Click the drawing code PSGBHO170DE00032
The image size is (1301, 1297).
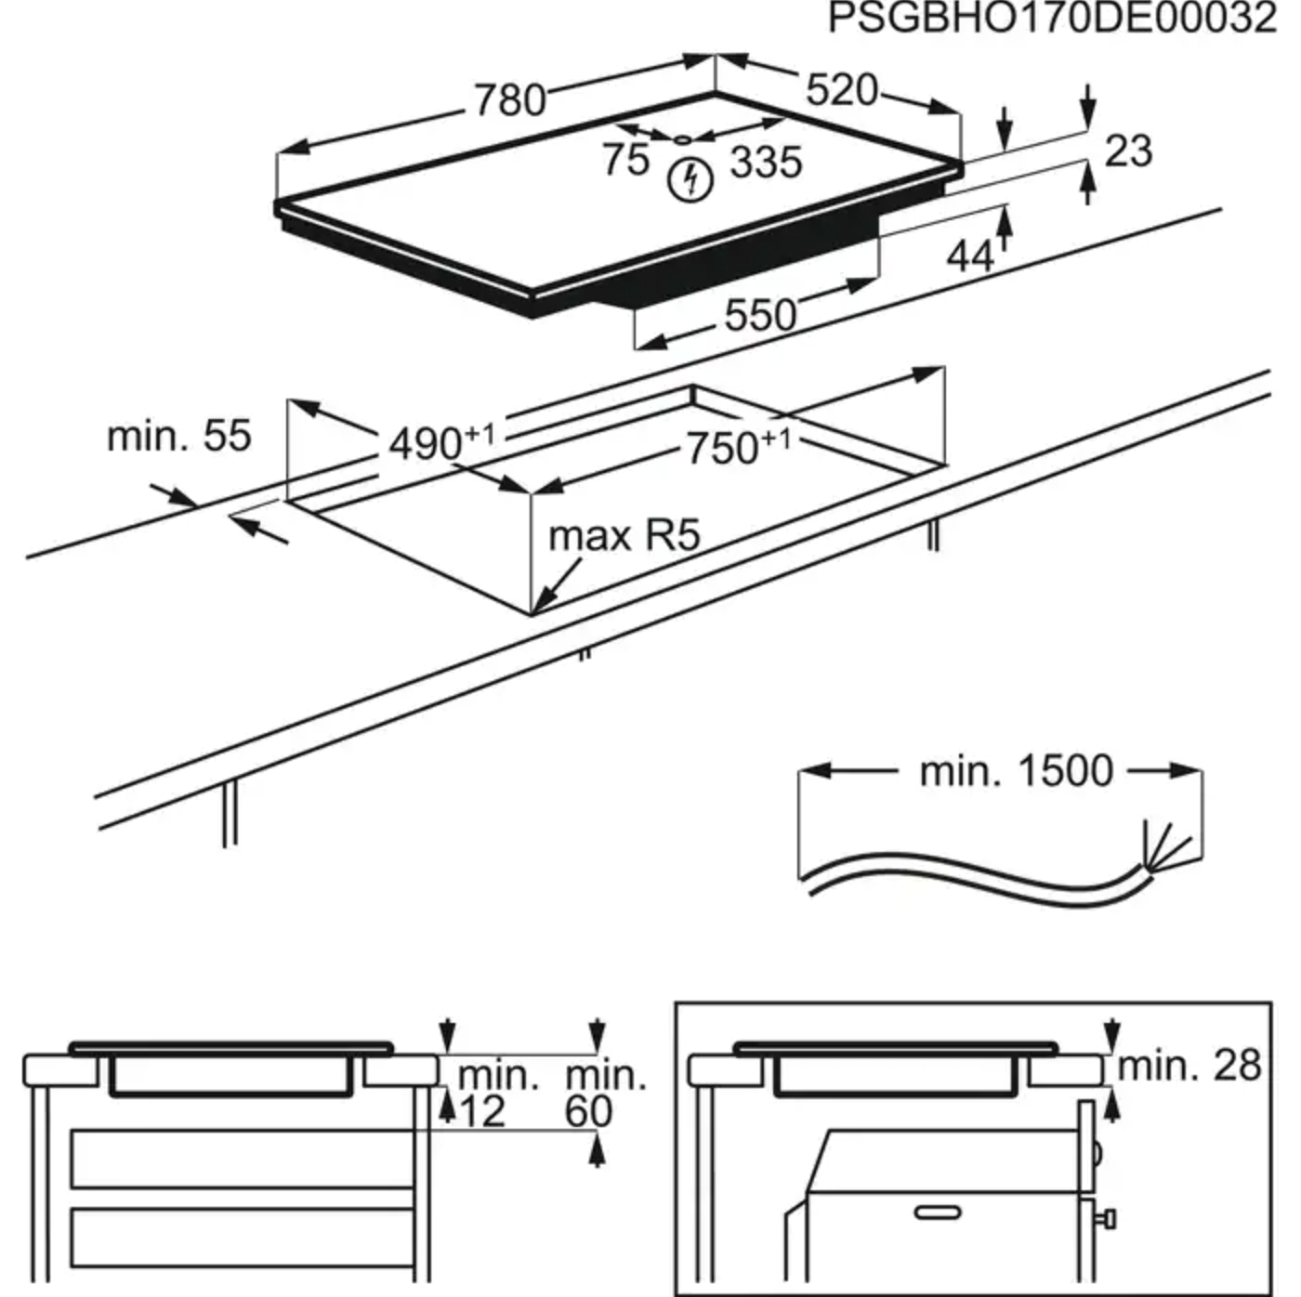[x=1052, y=19]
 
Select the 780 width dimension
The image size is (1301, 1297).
[x=509, y=99]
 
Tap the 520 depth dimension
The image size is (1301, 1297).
[x=841, y=90]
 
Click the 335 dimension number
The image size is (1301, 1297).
[x=766, y=163]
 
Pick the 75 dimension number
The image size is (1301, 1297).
[x=625, y=159]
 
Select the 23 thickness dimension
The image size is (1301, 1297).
[x=1128, y=151]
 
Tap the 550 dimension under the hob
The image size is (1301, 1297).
[x=760, y=316]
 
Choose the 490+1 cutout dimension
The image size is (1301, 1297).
[x=441, y=442]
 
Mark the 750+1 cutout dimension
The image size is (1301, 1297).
[x=738, y=447]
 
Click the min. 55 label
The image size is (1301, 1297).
[x=179, y=436]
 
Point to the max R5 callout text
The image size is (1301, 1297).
[x=624, y=536]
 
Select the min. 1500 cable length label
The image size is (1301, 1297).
[x=1015, y=771]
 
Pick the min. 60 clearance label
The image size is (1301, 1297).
[x=604, y=1094]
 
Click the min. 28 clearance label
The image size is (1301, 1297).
[x=1189, y=1066]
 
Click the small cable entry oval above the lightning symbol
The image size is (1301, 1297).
[x=683, y=140]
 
